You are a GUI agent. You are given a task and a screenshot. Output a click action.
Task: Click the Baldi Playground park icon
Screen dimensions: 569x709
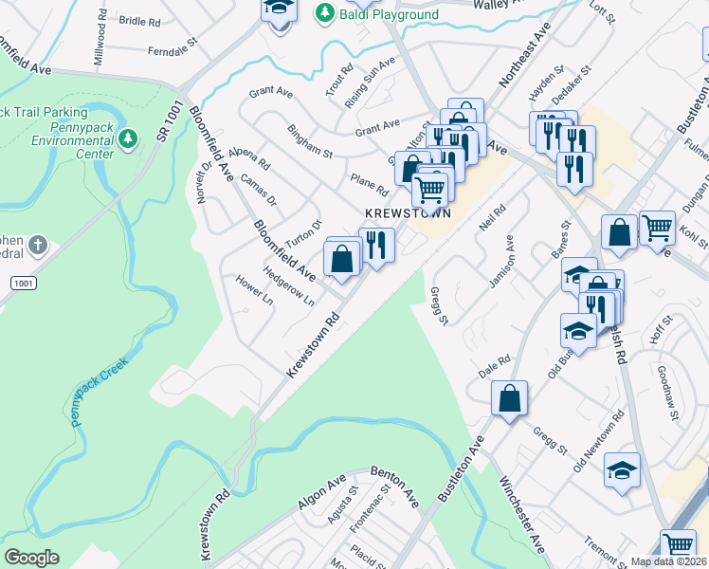click(325, 12)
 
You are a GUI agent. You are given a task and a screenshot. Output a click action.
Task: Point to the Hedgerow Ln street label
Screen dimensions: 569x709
click(288, 285)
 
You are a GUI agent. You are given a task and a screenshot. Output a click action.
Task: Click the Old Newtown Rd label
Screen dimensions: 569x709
click(599, 443)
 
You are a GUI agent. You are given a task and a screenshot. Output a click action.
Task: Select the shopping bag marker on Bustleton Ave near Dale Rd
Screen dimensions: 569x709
click(510, 399)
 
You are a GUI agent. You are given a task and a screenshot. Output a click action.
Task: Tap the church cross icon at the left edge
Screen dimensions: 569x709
click(37, 247)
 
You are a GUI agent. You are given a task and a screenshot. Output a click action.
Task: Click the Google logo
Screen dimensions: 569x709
click(31, 557)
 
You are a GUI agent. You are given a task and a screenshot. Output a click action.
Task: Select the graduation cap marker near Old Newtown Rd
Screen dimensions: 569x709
click(622, 471)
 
